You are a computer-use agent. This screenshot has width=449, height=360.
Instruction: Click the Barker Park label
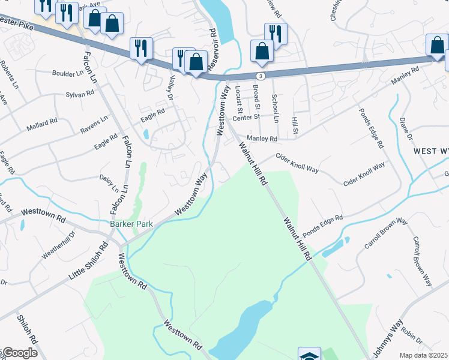pyautogui.click(x=131, y=224)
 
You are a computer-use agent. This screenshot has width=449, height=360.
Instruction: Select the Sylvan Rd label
pyautogui.click(x=80, y=94)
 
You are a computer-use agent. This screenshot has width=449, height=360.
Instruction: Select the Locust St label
pyautogui.click(x=238, y=98)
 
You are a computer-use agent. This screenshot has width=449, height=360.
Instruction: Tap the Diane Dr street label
pyautogui.click(x=406, y=128)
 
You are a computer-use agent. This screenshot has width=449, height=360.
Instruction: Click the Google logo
pyautogui.click(x=19, y=353)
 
